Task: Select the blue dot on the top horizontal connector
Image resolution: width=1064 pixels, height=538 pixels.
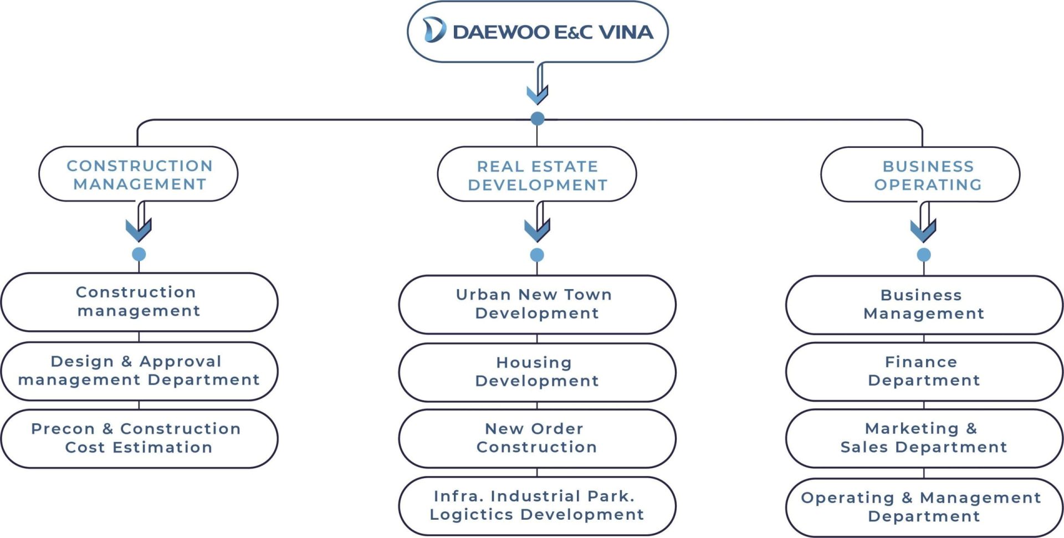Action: pos(537,119)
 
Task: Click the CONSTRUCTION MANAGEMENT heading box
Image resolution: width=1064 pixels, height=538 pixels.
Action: pos(139,175)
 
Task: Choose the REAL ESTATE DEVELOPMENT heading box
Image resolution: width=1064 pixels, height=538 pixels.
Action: pos(537,175)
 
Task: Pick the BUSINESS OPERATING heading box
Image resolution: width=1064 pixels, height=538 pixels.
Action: pos(920,175)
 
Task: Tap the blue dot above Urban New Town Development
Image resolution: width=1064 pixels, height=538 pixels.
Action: pos(537,255)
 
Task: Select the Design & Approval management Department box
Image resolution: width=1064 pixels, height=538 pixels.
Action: pos(139,371)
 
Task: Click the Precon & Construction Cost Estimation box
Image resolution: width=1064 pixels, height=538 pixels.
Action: pos(139,438)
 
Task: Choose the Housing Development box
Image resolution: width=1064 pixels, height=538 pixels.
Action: pos(537,372)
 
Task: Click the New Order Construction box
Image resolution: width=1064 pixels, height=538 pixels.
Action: pos(537,438)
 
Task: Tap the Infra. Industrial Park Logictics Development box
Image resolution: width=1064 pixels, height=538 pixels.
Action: pos(537,505)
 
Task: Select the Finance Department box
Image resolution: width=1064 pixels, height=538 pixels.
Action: pos(923,371)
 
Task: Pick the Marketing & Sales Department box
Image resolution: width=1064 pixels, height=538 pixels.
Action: pos(923,438)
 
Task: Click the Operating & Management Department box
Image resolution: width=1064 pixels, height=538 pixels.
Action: pos(923,507)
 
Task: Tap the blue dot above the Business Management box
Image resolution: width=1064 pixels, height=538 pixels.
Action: pos(923,255)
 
